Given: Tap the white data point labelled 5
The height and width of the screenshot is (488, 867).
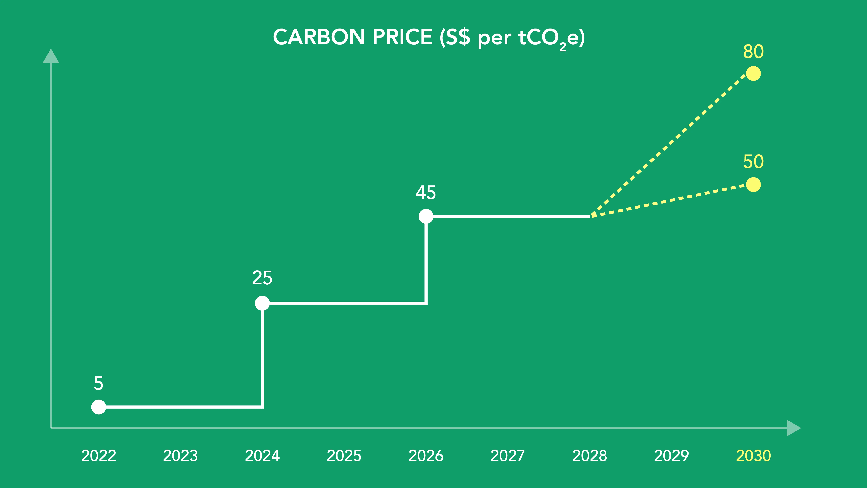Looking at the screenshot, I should (x=99, y=407).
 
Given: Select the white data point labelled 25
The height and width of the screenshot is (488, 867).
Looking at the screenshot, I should (x=262, y=303).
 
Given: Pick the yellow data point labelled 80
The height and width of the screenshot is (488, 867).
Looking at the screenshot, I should (x=753, y=74).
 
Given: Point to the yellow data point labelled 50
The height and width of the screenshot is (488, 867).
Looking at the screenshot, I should (x=753, y=185).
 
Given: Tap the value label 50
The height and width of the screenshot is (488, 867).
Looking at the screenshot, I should (x=753, y=162).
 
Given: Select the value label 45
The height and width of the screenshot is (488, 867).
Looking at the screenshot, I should (x=426, y=193).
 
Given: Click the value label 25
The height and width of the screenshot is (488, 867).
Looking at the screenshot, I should (x=262, y=278).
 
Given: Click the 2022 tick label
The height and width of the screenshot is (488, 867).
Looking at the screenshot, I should (x=99, y=456).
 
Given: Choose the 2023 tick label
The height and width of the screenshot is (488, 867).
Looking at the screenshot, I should (x=180, y=456).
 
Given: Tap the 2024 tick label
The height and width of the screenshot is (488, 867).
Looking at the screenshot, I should (x=262, y=456).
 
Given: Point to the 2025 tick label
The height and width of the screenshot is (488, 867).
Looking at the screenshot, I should (x=344, y=456).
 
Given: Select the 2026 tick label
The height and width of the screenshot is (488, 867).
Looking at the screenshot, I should (x=426, y=456).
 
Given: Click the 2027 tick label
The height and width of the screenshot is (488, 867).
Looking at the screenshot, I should (x=508, y=456).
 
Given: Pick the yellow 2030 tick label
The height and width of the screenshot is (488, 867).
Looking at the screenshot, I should (x=753, y=456).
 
